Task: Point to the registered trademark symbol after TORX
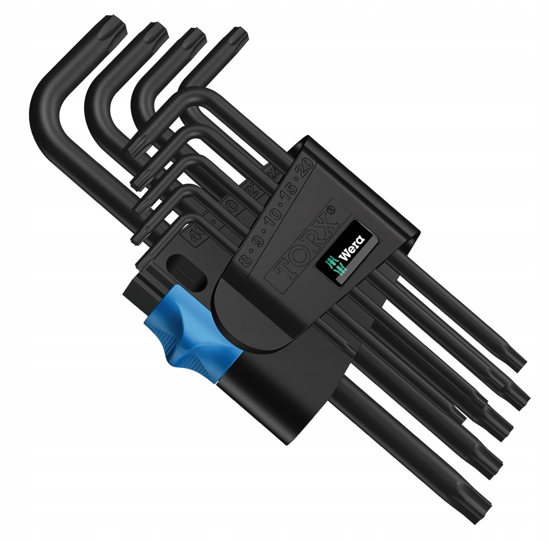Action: click(332, 210)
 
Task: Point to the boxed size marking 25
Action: click(272, 174)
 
